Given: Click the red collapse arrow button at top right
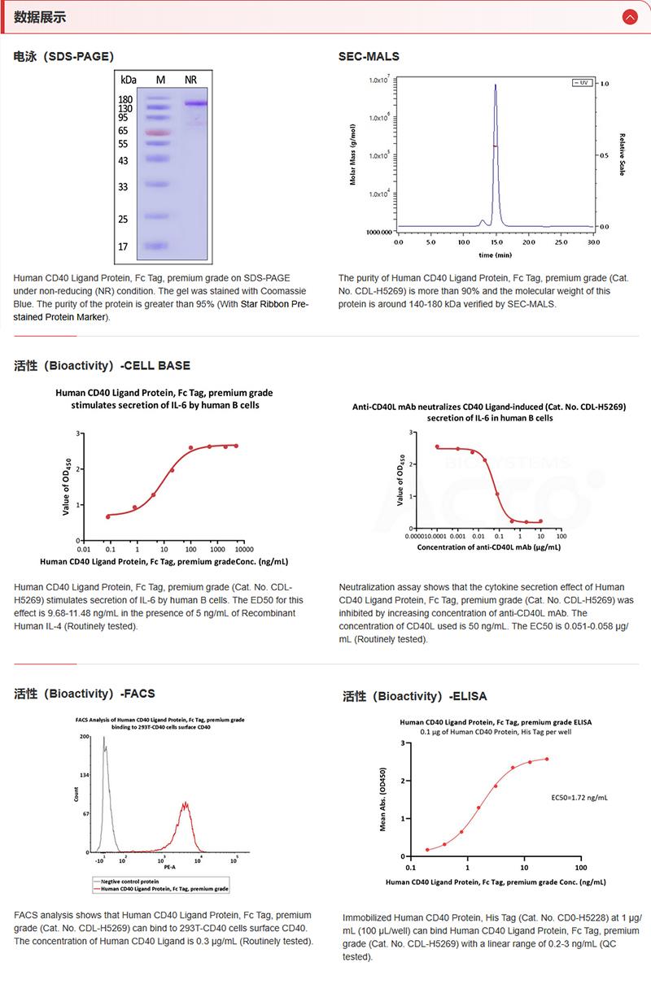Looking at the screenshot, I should coord(629,16).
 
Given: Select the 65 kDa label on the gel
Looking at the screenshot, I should coord(124,130).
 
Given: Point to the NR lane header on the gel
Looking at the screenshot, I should coord(191,80).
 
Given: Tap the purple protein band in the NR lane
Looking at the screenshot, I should coord(195,103).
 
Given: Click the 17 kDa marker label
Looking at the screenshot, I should coord(124,246).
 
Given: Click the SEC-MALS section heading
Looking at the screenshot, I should coord(369,56).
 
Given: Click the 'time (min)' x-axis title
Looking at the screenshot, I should coord(495,255).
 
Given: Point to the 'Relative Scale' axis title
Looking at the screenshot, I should coord(622,155).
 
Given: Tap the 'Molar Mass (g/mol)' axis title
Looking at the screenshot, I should coord(353,155).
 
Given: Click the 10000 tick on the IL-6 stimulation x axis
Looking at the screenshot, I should coord(241,549).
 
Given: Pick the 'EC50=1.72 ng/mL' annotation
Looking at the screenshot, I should coord(579,798).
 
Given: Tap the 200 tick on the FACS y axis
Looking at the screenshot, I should coord(84,737).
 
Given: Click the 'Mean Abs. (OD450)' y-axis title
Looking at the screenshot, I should coord(383,799).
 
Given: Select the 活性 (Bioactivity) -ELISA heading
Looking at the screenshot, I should coord(415,696).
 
